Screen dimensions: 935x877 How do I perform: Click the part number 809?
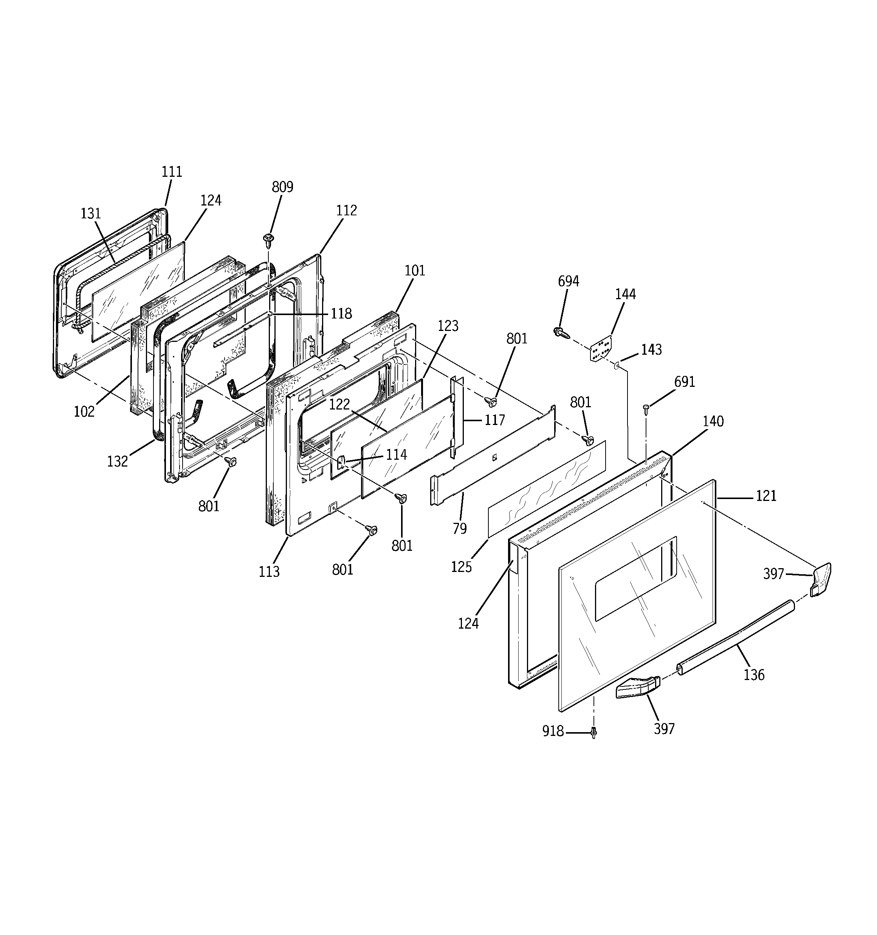pyautogui.click(x=282, y=187)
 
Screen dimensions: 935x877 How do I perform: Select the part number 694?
pyautogui.click(x=568, y=281)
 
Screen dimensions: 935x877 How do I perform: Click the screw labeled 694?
pyautogui.click(x=561, y=332)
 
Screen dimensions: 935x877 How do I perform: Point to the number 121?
pyautogui.click(x=766, y=496)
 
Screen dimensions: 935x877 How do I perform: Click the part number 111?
pyautogui.click(x=172, y=172)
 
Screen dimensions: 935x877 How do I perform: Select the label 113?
pyautogui.click(x=269, y=572)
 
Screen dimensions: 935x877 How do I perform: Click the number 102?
pyautogui.click(x=84, y=411)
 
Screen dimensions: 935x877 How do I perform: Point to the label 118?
pyautogui.click(x=341, y=314)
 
